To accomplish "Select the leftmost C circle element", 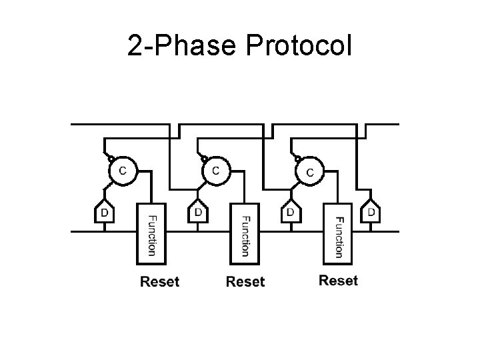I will click(122, 171).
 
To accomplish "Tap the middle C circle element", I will click(215, 171).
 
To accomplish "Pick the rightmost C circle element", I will click(309, 172).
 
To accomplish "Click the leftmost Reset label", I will click(159, 281).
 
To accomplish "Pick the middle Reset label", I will click(245, 281).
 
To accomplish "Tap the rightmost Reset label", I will click(338, 280).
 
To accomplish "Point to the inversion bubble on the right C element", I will click(297, 158).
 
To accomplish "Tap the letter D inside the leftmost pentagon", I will click(103, 213).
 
